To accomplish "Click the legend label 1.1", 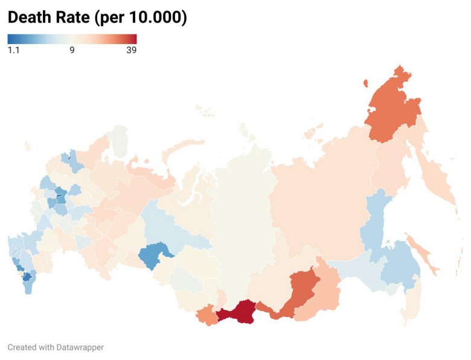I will [13, 50].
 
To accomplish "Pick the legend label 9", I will [72, 50].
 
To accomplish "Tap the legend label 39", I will [131, 50].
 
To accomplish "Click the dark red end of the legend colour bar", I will [133, 39].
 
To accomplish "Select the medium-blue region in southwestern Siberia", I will [154, 256].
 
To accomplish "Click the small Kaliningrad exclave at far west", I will [27, 145].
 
